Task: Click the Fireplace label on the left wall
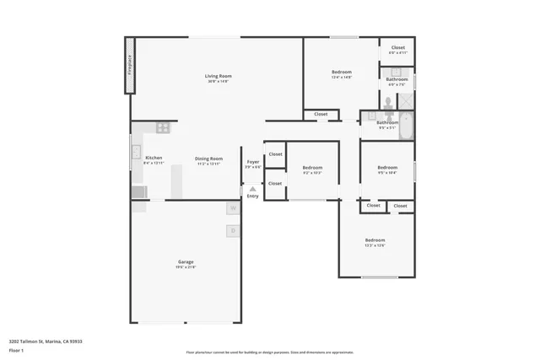click(130, 65)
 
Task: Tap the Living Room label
click(218, 77)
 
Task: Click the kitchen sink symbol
click(135, 153)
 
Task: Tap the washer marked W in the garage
click(232, 208)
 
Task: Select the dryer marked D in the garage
click(232, 230)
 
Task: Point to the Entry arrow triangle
click(252, 189)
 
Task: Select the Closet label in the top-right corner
click(397, 48)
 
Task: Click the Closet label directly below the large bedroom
click(321, 114)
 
